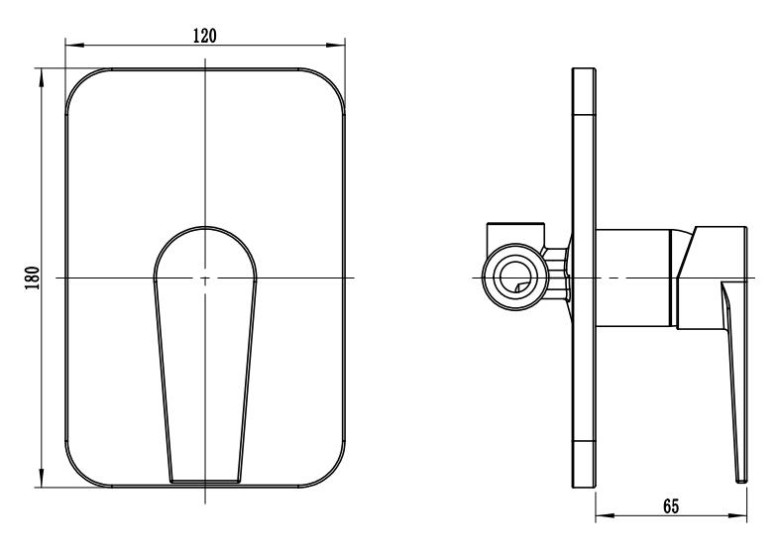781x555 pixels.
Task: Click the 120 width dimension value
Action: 205,36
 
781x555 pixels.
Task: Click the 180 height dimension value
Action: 33,278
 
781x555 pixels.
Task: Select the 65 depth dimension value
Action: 671,506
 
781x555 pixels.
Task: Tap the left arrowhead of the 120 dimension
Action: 74,46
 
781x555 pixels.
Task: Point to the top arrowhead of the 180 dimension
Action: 42,77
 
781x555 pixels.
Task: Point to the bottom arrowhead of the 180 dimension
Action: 42,478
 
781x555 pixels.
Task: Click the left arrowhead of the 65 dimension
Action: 606,516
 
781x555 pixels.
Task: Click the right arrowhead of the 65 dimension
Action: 737,516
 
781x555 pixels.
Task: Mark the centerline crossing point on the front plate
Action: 205,278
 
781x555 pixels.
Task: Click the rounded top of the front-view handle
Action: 205,227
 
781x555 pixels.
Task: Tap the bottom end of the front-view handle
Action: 205,482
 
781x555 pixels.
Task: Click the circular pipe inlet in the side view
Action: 515,277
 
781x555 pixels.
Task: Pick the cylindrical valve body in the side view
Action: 633,278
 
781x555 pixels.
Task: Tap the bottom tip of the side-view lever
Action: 742,481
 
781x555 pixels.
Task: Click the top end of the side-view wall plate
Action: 584,68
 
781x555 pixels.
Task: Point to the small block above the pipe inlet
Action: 515,233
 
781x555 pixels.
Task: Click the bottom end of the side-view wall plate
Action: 584,487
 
